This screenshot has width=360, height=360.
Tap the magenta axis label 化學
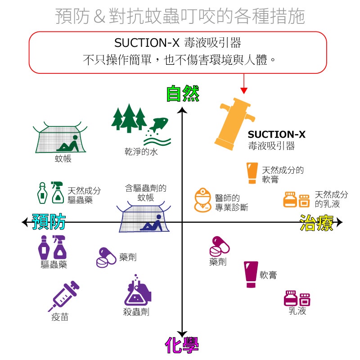pyautogui.click(x=182, y=346)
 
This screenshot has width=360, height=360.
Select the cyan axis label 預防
pyautogui.click(x=49, y=221)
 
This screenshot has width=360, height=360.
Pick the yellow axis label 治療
pyautogui.click(x=316, y=223)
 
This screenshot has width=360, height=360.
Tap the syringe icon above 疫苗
pyautogui.click(x=63, y=296)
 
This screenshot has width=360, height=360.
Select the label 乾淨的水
pyautogui.click(x=141, y=152)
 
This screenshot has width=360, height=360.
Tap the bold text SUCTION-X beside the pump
pyautogui.click(x=276, y=134)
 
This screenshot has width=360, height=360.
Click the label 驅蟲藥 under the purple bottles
pyautogui.click(x=54, y=265)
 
